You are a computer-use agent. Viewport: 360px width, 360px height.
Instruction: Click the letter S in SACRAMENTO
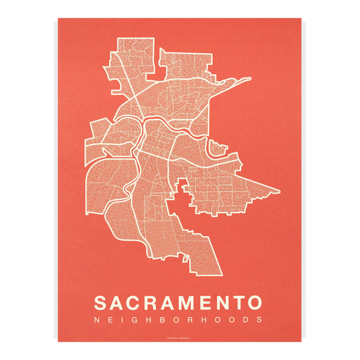102,301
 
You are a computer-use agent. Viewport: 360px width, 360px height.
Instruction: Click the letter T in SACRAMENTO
238,301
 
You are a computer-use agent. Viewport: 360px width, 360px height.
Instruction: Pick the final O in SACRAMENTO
255,301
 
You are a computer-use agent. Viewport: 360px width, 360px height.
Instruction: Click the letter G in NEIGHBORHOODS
133,320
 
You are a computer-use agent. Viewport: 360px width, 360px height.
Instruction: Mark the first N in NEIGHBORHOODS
98,320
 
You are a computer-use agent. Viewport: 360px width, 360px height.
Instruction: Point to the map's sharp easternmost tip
279,192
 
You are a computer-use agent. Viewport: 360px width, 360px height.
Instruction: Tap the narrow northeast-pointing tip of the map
250,78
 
